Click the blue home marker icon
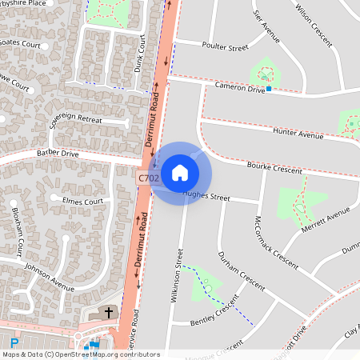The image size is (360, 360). (x=180, y=172)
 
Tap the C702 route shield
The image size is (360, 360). (x=148, y=178)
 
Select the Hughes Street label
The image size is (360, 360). (x=206, y=196)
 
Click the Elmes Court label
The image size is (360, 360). (x=78, y=201)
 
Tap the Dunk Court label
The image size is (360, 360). (x=142, y=59)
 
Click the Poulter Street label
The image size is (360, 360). (x=226, y=47)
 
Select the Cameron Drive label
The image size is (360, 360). (x=238, y=88)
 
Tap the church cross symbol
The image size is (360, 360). (x=110, y=311)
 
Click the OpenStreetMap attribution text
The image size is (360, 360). (x=80, y=354)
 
